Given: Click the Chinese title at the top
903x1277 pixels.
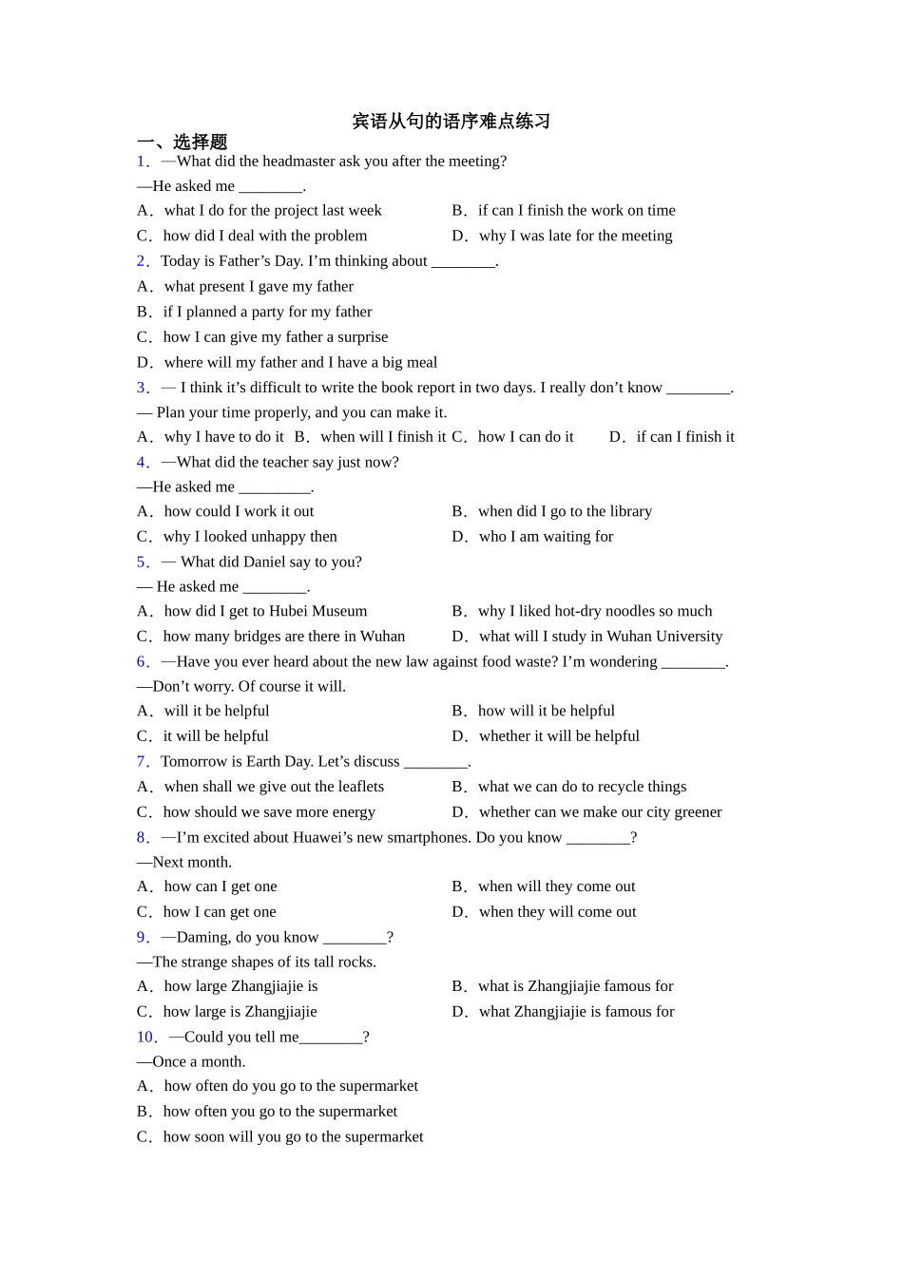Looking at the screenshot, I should click(x=451, y=122).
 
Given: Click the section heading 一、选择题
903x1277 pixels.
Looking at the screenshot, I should click(x=183, y=143).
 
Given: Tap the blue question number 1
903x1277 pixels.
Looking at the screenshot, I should click(x=143, y=162).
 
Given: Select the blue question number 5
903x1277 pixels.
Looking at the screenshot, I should click(x=143, y=562).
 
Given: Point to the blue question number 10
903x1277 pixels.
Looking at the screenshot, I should click(x=146, y=1038).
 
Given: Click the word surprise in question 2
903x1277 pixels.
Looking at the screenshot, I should click(x=362, y=337).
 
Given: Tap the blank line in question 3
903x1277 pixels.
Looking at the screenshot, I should click(x=698, y=389).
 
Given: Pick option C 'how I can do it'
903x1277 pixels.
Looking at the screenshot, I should click(x=526, y=437).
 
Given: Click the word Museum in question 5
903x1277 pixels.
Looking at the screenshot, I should click(x=337, y=611).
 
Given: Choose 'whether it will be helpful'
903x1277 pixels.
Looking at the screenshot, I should click(x=559, y=736).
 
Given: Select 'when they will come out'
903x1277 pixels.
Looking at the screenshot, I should click(x=557, y=912).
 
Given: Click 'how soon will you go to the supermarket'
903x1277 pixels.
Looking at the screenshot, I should click(x=293, y=1137).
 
